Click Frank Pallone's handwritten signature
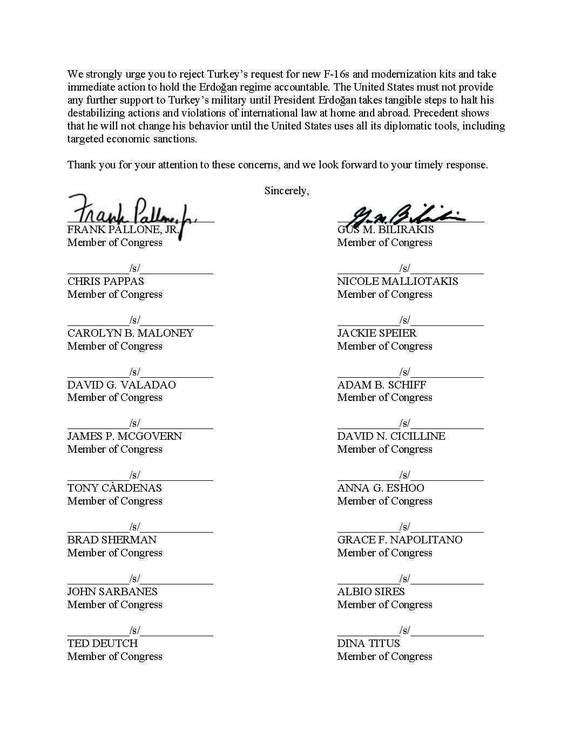click(132, 212)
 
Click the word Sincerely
click(286, 191)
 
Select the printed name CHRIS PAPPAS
click(105, 281)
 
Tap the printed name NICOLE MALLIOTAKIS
click(397, 281)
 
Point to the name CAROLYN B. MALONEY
click(130, 333)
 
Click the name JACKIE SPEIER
click(377, 333)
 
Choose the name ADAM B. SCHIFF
click(381, 385)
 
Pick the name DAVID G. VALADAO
click(121, 385)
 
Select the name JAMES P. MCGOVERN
click(124, 436)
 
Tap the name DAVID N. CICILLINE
click(391, 436)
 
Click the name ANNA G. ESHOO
click(380, 488)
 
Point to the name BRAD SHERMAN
click(112, 540)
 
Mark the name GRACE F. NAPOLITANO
click(400, 540)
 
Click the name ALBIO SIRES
click(370, 591)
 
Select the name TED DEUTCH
click(103, 643)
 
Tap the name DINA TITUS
click(368, 643)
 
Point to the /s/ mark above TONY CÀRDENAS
click(134, 475)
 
